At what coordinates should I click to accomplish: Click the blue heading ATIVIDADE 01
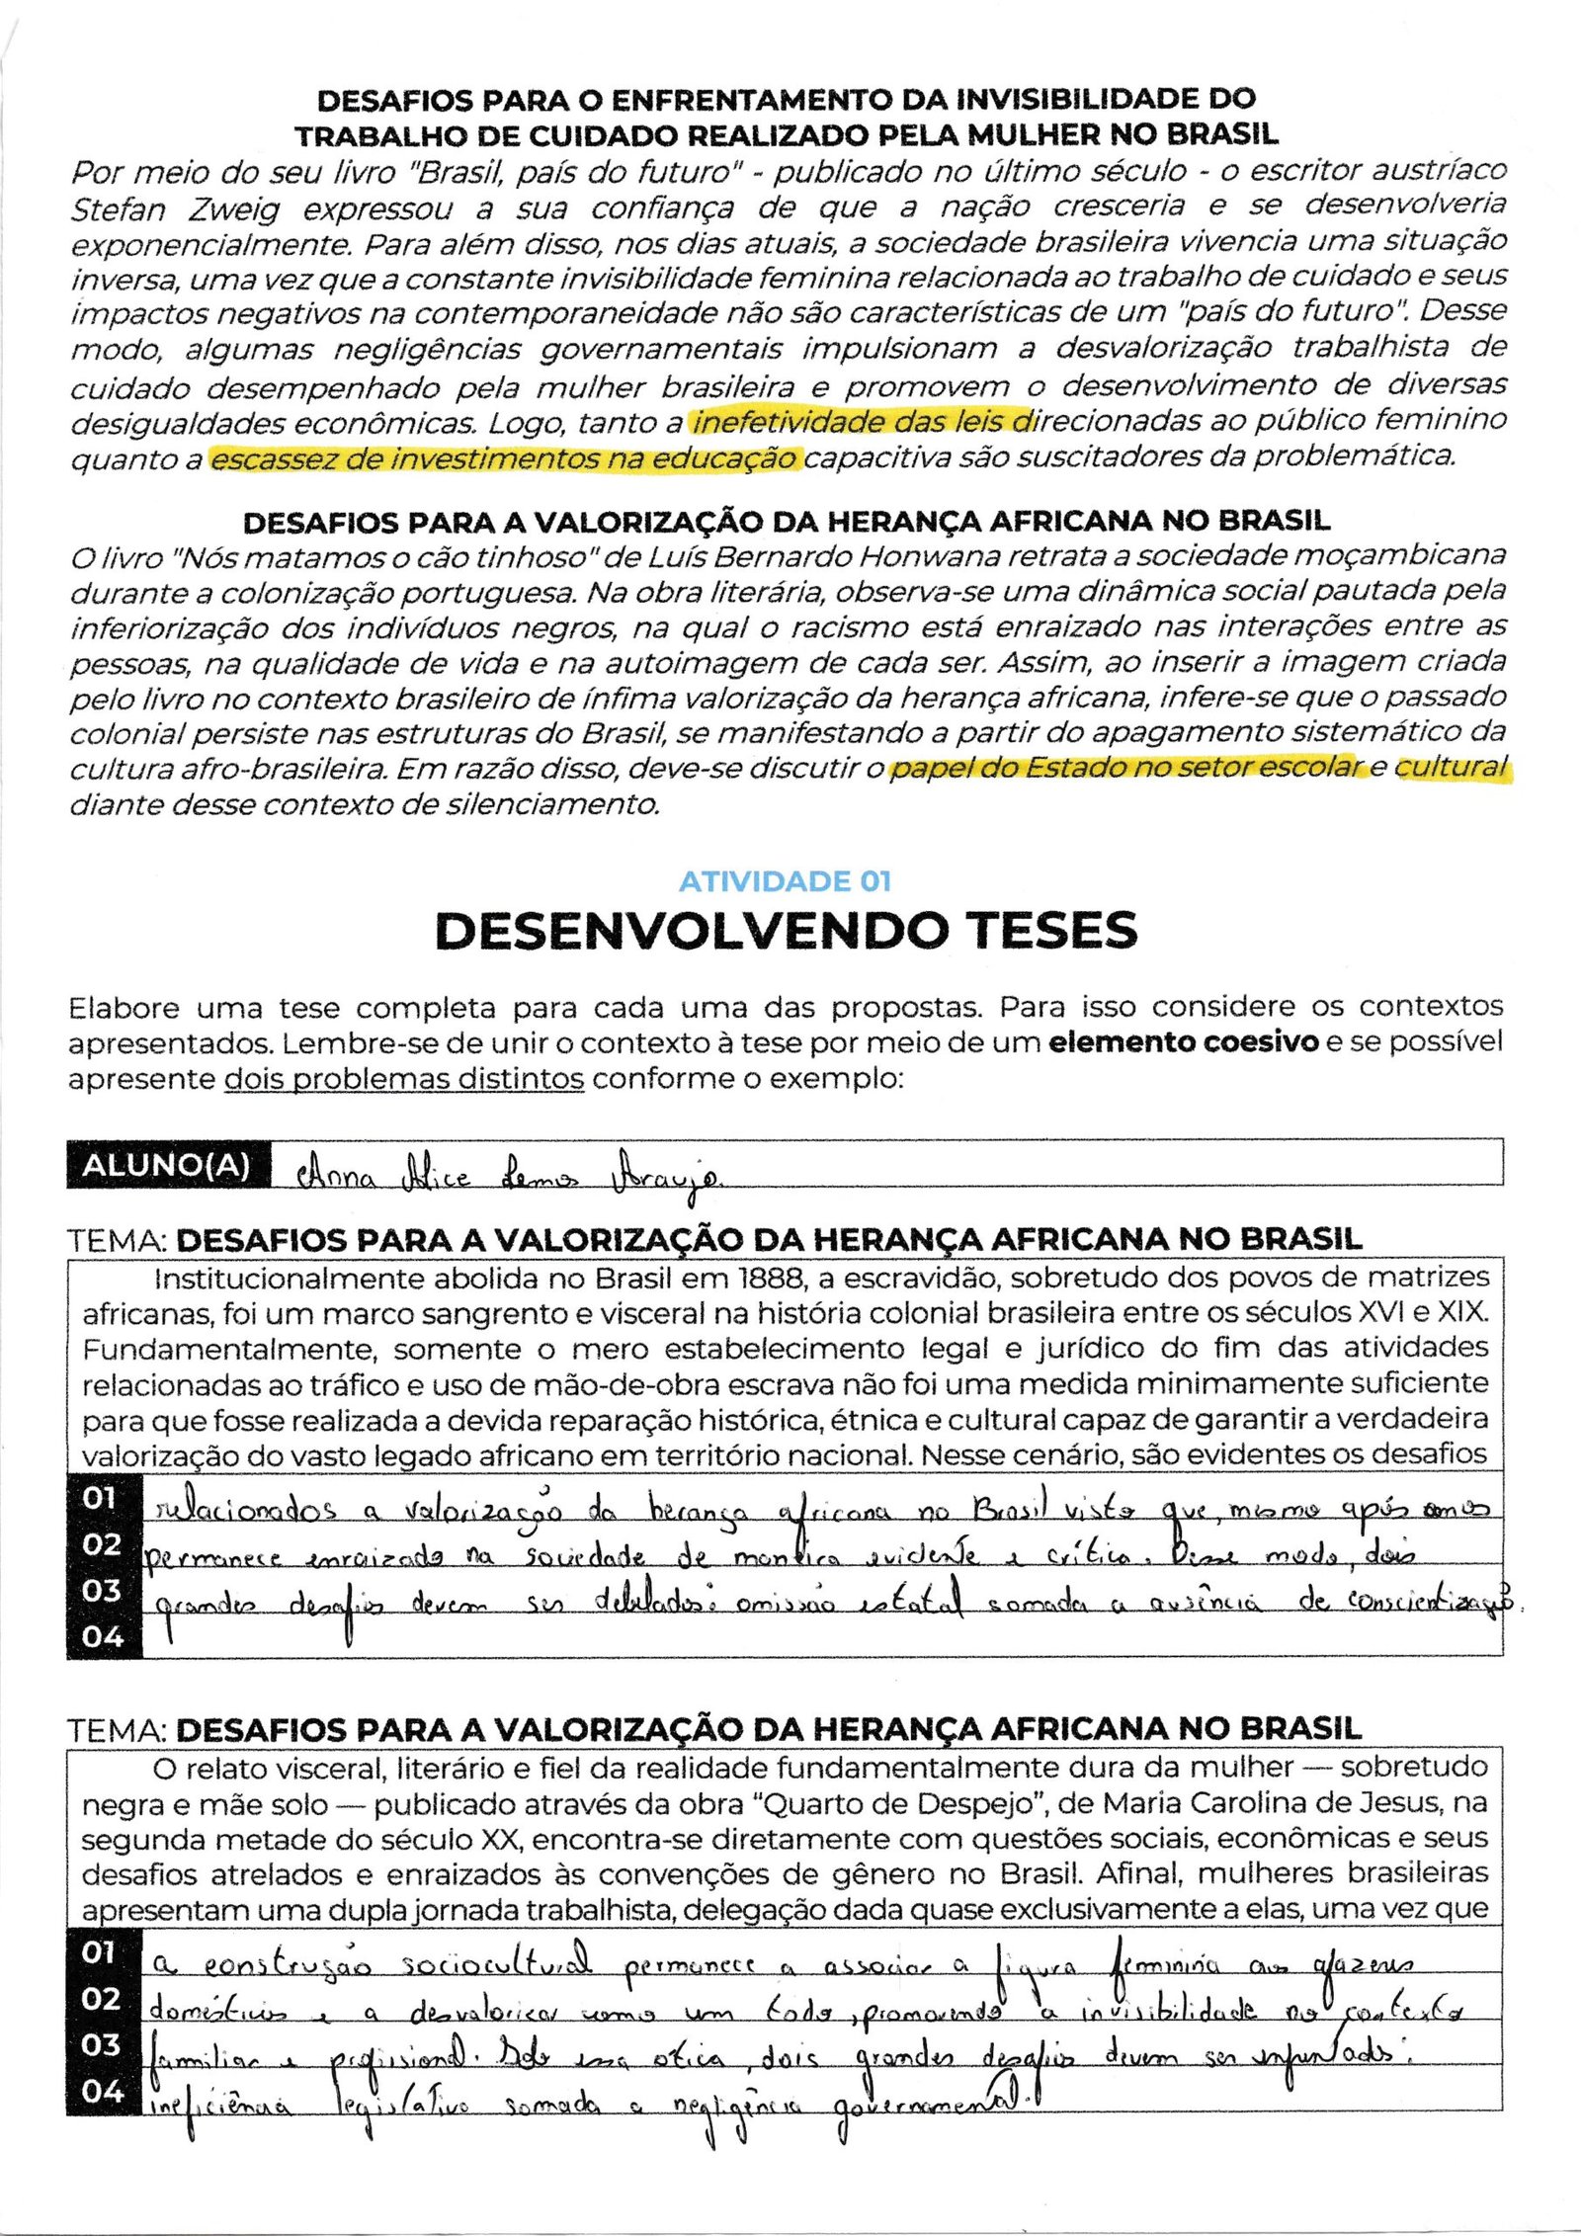pyautogui.click(x=785, y=881)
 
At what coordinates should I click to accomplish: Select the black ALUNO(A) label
pyautogui.click(x=166, y=1165)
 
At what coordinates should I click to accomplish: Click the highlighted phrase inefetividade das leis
pyautogui.click(x=861, y=422)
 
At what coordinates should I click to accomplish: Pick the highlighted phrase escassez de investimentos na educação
pyautogui.click(x=504, y=459)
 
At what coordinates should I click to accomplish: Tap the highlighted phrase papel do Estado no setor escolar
pyautogui.click(x=1126, y=768)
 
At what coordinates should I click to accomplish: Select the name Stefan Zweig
pyautogui.click(x=175, y=209)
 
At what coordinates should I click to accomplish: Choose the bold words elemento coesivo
pyautogui.click(x=1183, y=1042)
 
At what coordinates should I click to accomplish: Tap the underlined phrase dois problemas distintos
pyautogui.click(x=404, y=1078)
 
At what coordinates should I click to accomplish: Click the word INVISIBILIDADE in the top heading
pyautogui.click(x=1076, y=100)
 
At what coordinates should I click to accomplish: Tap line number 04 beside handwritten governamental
pyautogui.click(x=103, y=2091)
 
